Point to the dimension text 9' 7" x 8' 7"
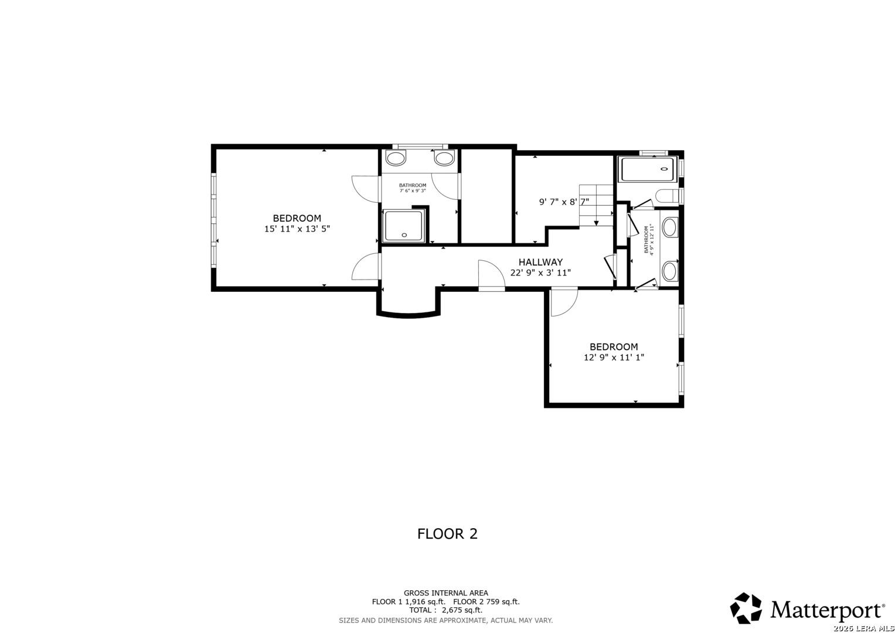(x=564, y=202)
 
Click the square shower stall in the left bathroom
(x=403, y=226)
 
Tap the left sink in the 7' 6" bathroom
(x=396, y=158)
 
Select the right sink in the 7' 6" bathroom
(x=444, y=158)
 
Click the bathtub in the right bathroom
(x=648, y=169)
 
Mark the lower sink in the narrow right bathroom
(x=669, y=271)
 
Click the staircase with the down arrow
(x=596, y=205)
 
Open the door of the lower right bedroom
(x=564, y=301)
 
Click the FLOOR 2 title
(x=447, y=534)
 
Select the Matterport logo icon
(x=746, y=608)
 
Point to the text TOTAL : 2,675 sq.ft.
(x=445, y=610)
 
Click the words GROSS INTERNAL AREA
(x=445, y=593)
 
